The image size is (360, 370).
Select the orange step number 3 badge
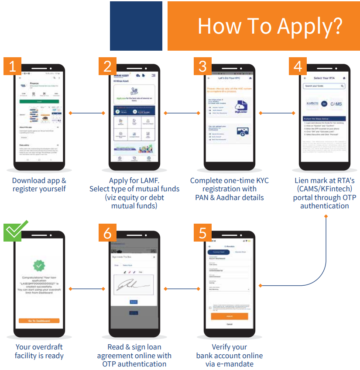(202, 66)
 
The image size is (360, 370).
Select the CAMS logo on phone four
(336, 104)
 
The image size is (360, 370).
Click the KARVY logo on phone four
(312, 104)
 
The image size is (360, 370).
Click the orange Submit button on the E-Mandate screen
(229, 316)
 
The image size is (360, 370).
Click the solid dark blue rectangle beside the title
(136, 26)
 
